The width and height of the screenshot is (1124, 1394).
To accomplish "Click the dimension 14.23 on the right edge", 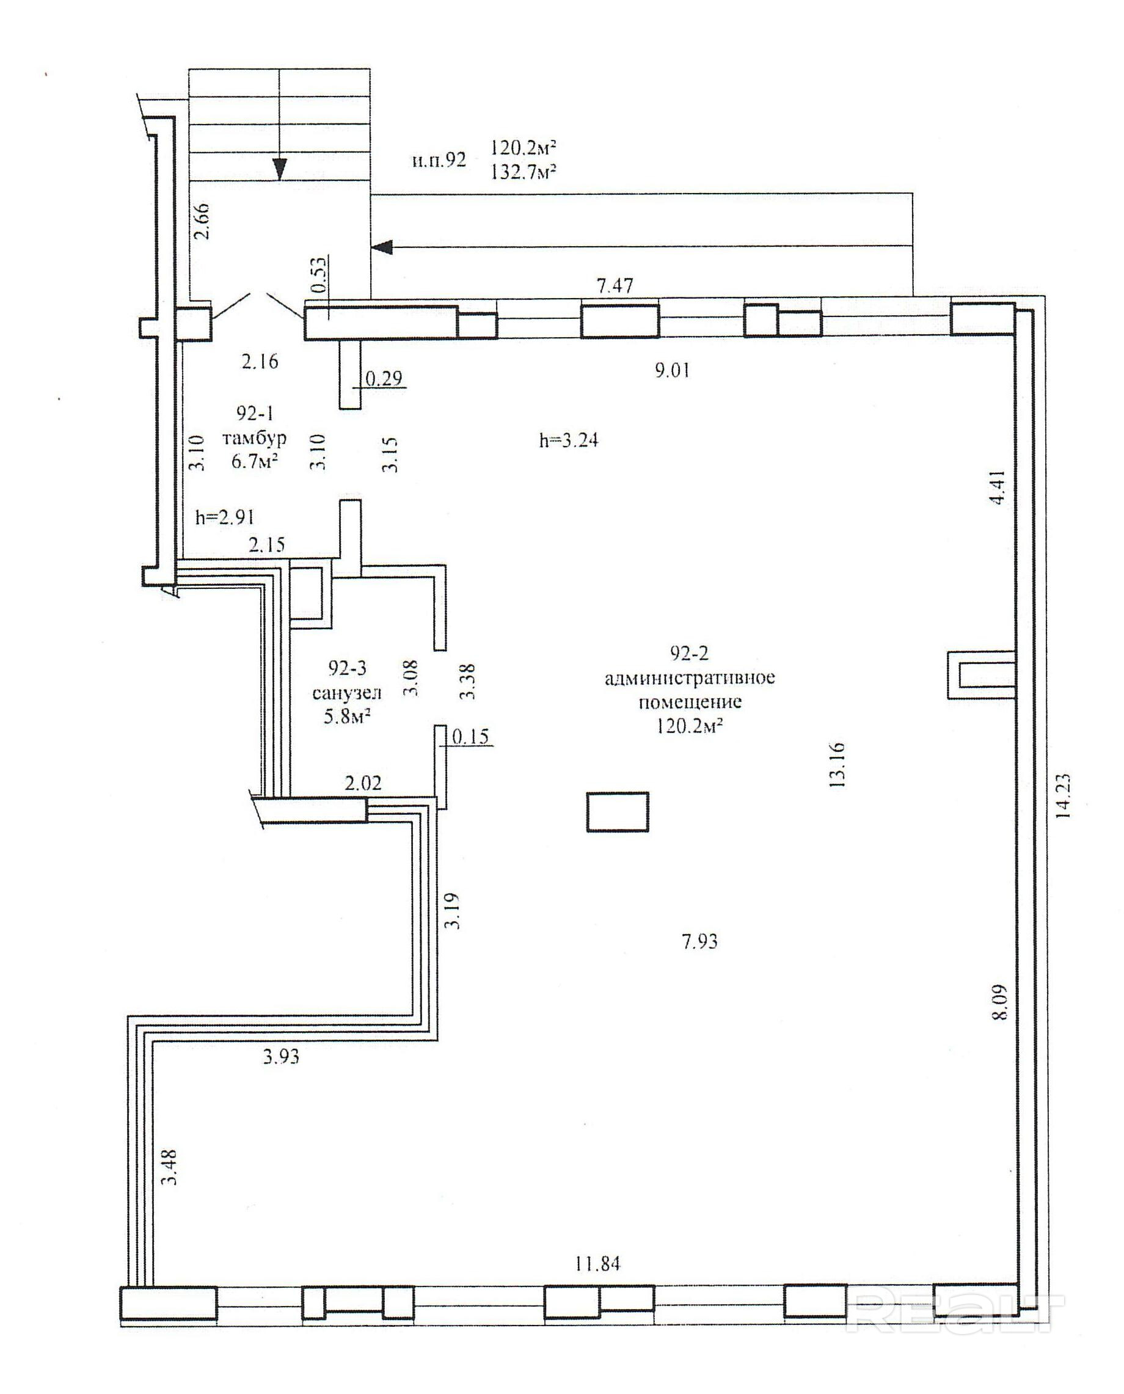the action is point(1064,797).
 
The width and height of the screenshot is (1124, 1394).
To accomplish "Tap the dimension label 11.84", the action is point(597,1263).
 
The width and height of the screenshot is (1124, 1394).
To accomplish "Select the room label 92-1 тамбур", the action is point(255,425).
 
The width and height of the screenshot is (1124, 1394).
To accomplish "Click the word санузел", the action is point(347,693).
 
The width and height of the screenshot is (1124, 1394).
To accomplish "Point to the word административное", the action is point(690,678).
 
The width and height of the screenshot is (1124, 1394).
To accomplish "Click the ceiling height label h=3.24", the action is point(569,441).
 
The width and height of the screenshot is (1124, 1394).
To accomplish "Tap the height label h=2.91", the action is point(225,517).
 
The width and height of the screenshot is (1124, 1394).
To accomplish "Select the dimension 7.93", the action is point(699,941).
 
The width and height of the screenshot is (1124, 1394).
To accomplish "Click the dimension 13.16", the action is point(837,765).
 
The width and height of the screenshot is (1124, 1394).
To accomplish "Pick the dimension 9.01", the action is point(672,370).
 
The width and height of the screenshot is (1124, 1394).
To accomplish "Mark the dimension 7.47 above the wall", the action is point(615,285).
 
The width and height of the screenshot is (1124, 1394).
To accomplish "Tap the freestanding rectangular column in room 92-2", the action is point(618,812).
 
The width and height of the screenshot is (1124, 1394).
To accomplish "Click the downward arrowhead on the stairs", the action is point(279,169).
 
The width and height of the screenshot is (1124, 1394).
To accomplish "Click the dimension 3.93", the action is point(282,1057).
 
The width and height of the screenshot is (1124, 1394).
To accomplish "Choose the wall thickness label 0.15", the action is point(471,737).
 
